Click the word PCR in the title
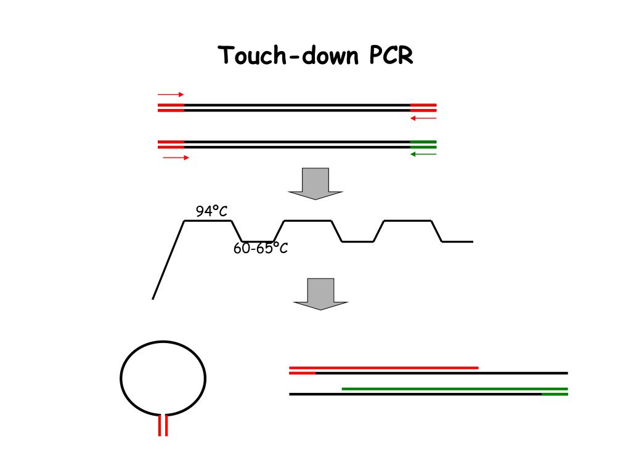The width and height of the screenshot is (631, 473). (x=391, y=55)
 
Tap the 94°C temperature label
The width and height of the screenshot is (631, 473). (x=211, y=212)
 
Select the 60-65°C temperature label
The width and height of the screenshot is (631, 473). (x=261, y=249)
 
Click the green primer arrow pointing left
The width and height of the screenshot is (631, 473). (x=423, y=154)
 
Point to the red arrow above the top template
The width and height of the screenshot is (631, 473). (x=171, y=95)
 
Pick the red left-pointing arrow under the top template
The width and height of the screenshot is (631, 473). (x=423, y=118)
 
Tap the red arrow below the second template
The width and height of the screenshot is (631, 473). (x=176, y=158)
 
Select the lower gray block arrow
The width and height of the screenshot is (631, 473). (x=320, y=294)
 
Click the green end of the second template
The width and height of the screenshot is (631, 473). (x=423, y=145)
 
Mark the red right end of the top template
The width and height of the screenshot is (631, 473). (x=423, y=108)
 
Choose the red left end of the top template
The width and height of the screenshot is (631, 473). (x=171, y=108)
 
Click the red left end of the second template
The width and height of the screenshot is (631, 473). (x=171, y=145)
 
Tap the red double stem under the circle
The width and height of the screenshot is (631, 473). (x=163, y=425)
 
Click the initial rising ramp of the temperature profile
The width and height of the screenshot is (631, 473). (x=168, y=260)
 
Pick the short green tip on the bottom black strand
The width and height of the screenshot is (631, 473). (x=555, y=394)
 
